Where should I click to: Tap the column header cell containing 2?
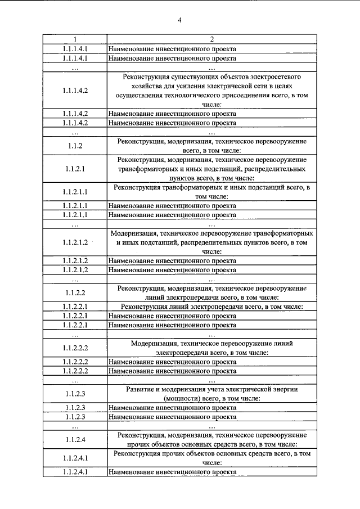211,39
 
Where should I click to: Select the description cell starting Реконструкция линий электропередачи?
211,307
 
